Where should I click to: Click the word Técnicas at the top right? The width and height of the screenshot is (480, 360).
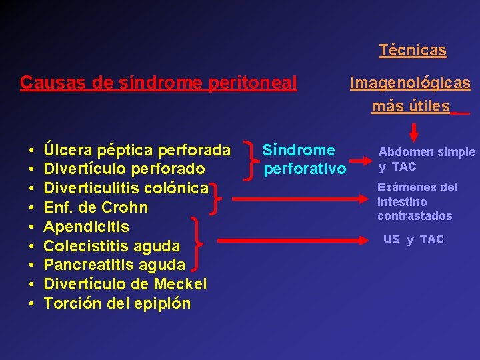(x=413, y=50)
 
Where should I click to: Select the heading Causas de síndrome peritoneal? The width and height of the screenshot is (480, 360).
(x=159, y=83)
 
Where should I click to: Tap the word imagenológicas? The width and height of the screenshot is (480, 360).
(x=411, y=83)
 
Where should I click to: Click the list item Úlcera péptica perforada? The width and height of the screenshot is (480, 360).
(x=137, y=149)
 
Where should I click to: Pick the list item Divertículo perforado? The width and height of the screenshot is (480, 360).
(x=124, y=169)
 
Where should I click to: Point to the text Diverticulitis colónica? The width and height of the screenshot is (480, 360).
(x=126, y=188)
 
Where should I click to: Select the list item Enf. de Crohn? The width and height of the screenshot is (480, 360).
(x=95, y=207)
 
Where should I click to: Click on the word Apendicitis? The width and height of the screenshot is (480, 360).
(x=86, y=227)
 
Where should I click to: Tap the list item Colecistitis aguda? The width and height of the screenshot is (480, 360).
(x=111, y=246)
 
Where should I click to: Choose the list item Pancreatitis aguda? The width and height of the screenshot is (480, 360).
(x=114, y=265)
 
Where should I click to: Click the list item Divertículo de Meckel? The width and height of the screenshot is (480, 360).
(x=125, y=285)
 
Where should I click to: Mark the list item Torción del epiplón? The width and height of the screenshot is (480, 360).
(x=117, y=304)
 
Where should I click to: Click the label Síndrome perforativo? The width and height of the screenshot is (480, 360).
(x=304, y=159)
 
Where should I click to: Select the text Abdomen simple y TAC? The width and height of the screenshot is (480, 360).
(x=427, y=159)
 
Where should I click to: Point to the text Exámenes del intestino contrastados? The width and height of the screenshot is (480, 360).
(x=417, y=201)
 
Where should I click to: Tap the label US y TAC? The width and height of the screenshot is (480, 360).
(x=413, y=239)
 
